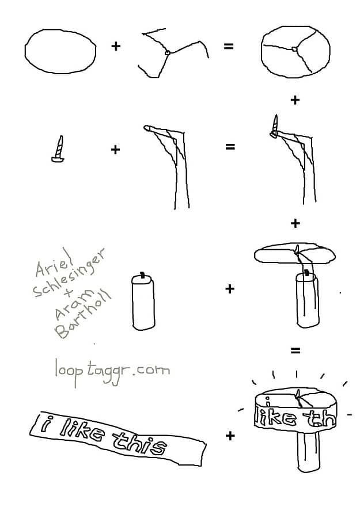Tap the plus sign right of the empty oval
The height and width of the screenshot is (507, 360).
(x=116, y=46)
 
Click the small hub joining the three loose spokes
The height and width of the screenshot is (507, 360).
(x=168, y=52)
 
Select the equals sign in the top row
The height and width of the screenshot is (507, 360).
(x=229, y=47)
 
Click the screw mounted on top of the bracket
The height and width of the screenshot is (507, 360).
(x=275, y=127)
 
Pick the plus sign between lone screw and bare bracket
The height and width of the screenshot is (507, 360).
(x=115, y=150)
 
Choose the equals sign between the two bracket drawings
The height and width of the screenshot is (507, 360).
(x=230, y=147)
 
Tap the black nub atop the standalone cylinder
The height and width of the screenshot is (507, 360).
(x=142, y=275)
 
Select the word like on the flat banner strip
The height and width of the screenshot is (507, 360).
(x=82, y=429)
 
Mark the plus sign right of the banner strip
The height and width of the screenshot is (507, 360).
(x=230, y=436)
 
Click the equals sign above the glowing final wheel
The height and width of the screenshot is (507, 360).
(x=295, y=350)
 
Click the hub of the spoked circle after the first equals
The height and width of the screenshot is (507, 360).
(x=294, y=49)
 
